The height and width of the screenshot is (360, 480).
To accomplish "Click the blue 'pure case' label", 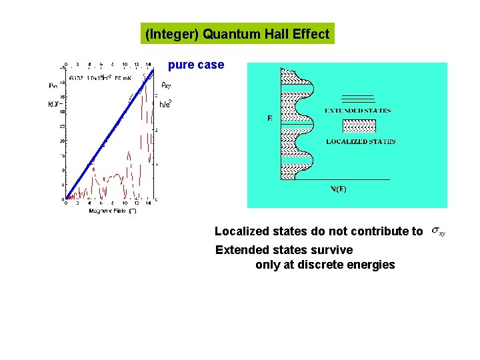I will pyautogui.click(x=196, y=65).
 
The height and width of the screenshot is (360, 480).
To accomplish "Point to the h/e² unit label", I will pyautogui.click(x=165, y=103).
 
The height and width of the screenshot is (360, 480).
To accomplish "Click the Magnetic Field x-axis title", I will pyautogui.click(x=112, y=211).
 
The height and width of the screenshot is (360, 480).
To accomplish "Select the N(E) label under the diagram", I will pyautogui.click(x=339, y=189).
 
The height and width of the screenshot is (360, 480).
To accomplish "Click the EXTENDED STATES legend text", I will pyautogui.click(x=358, y=111).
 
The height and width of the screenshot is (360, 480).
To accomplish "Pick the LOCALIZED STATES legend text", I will pyautogui.click(x=361, y=141).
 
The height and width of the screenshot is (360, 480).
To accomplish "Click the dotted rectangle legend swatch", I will pyautogui.click(x=359, y=126).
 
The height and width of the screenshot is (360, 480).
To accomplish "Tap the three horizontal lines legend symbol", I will pyautogui.click(x=359, y=99).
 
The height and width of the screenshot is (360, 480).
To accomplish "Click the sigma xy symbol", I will pyautogui.click(x=438, y=231).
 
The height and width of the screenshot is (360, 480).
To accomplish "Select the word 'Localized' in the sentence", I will pyautogui.click(x=241, y=231).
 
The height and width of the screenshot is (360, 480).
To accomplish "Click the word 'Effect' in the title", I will pyautogui.click(x=311, y=34).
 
